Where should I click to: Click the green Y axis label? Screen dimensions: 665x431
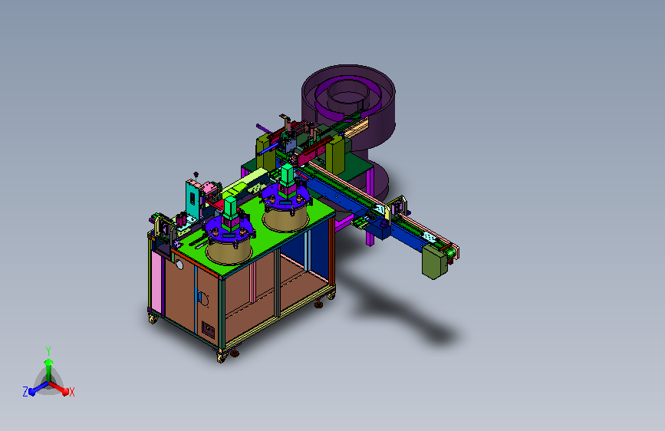click(x=48, y=350)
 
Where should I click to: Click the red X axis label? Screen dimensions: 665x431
click(x=71, y=392)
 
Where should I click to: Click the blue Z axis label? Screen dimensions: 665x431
click(x=25, y=392)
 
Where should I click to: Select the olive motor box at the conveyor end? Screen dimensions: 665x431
click(x=435, y=262)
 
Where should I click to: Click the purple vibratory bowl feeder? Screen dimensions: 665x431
click(x=349, y=106)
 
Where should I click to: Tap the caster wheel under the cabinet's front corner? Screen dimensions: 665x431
click(x=222, y=357)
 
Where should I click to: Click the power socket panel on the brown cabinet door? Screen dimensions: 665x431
click(x=208, y=329)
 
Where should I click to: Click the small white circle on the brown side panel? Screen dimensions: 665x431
click(x=179, y=265)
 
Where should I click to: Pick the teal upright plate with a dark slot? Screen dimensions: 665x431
click(x=193, y=199)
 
